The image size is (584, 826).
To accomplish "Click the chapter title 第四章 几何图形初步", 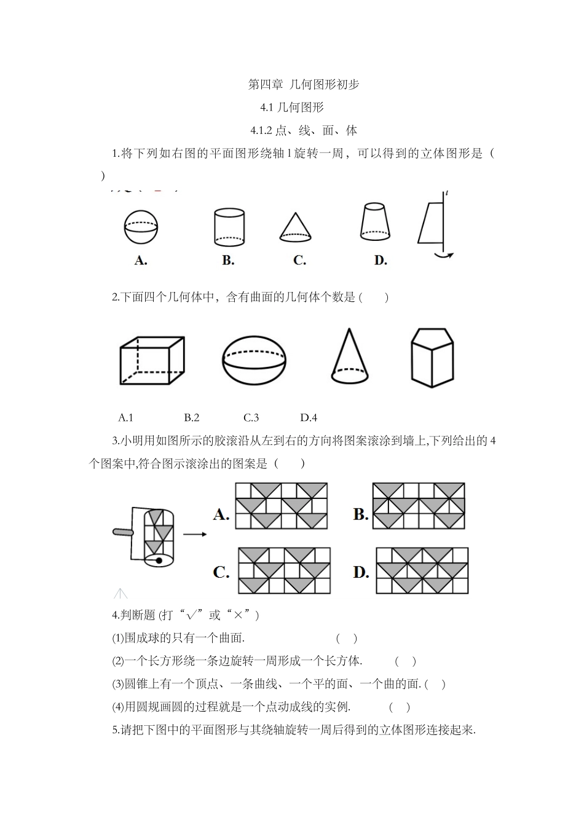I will click(x=303, y=85).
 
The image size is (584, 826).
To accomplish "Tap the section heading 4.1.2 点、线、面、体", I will click(x=304, y=130).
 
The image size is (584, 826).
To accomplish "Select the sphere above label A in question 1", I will click(x=141, y=227).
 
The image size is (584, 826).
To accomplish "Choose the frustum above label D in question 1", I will click(x=375, y=222).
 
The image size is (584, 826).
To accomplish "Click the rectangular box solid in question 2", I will click(x=152, y=360).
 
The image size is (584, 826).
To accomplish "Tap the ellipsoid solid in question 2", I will click(x=254, y=360).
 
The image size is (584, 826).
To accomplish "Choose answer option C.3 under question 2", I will click(x=251, y=418).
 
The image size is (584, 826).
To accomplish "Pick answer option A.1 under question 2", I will click(x=125, y=418).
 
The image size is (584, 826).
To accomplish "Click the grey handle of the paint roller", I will click(x=123, y=532).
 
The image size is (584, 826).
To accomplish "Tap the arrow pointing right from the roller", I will click(x=195, y=534).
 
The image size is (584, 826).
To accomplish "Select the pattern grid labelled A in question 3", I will click(x=281, y=506).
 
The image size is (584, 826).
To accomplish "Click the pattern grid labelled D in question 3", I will click(x=422, y=570).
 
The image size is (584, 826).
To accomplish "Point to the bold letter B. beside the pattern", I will click(x=361, y=514).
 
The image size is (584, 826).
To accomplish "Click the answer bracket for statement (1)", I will click(x=347, y=639).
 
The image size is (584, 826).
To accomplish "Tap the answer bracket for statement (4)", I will click(x=400, y=707).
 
